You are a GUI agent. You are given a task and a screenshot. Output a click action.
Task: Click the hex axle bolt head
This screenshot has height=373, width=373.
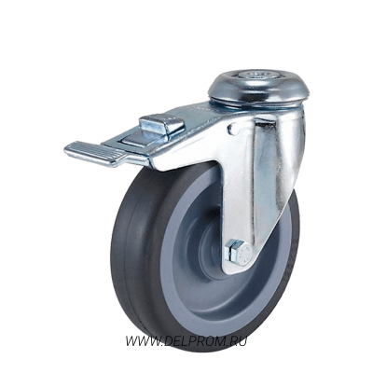pyautogui.click(x=243, y=253)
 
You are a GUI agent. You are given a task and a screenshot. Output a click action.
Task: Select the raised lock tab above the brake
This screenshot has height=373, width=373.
pyautogui.click(x=161, y=125)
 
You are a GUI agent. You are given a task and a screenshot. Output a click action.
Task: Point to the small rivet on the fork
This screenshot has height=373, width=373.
pyautogui.click(x=232, y=129)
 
